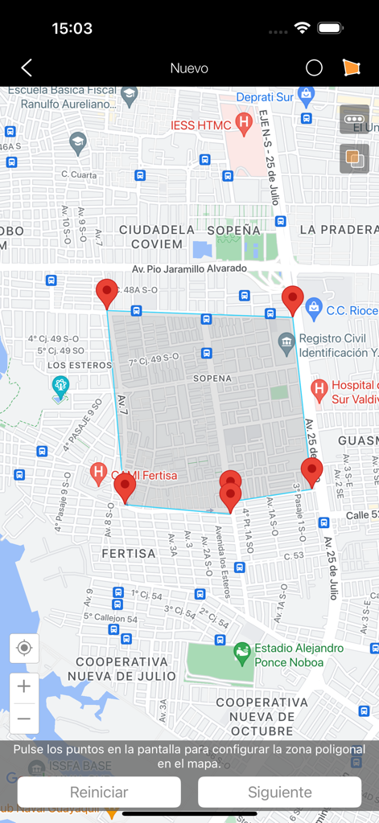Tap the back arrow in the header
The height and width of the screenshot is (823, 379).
pos(27,68)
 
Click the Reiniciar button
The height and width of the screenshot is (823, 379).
pos(99,792)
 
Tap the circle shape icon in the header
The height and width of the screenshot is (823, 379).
pos(314,68)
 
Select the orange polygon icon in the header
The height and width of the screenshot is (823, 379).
pos(352,68)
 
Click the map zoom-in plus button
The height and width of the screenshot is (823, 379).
pos(24,687)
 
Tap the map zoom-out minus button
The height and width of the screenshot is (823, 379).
pos(24,719)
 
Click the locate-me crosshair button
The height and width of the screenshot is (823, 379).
pos(24,648)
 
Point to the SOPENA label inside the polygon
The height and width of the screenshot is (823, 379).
pos(212,378)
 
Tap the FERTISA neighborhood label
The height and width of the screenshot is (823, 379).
pos(129,554)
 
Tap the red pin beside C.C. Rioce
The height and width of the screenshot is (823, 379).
pos(292,300)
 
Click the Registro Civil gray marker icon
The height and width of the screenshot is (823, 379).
pos(286,345)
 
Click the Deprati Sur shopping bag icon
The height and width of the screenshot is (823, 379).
pos(306,95)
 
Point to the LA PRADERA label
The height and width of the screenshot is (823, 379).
pos(339,230)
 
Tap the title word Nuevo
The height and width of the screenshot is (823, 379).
pos(189,68)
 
